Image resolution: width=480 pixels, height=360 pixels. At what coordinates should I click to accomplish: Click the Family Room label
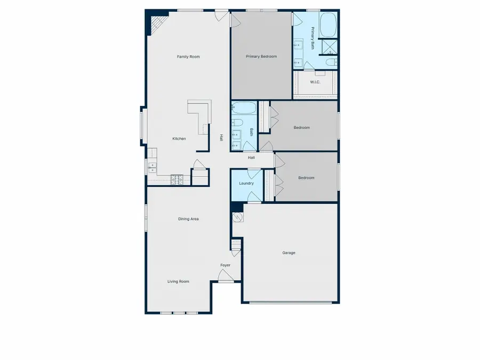click(188, 57)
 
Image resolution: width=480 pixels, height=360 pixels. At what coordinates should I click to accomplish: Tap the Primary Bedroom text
click(261, 56)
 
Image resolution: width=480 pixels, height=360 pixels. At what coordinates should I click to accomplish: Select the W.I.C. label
click(315, 82)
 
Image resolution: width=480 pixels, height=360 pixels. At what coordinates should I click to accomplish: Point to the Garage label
click(289, 253)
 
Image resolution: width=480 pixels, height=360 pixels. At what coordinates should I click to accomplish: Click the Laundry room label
click(246, 183)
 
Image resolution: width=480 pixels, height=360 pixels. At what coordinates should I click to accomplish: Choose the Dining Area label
click(188, 219)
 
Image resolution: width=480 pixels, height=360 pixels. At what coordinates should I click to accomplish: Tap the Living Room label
click(178, 282)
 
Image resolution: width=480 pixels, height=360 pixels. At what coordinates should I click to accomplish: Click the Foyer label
click(226, 265)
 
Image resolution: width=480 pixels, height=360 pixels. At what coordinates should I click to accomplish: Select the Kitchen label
click(179, 139)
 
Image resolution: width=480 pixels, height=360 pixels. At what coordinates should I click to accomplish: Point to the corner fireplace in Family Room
click(158, 23)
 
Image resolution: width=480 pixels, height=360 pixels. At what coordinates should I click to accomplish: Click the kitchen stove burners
click(177, 180)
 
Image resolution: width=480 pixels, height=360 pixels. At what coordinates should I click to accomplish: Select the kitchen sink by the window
click(152, 169)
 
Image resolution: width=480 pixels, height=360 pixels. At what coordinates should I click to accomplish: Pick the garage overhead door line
click(291, 303)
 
